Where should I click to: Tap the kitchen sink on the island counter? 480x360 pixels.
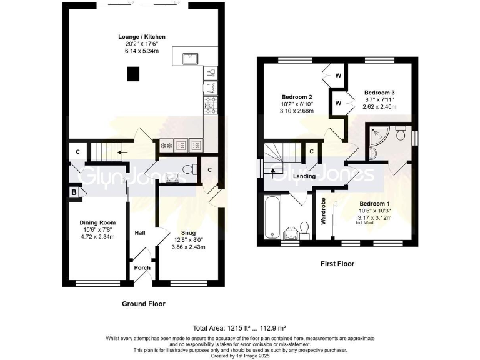(x=191, y=59)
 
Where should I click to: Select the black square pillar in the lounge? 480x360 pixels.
(x=132, y=74)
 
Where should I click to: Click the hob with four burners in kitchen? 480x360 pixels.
(x=210, y=103)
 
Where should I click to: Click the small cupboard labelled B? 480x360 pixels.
(x=74, y=192)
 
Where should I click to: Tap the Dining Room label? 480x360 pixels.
(x=97, y=222)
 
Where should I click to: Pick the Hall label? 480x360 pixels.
(x=140, y=233)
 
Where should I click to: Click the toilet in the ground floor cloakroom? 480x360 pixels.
(x=189, y=168)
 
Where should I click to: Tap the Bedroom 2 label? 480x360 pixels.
(x=296, y=97)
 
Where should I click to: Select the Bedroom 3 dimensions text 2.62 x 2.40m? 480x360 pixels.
(x=379, y=106)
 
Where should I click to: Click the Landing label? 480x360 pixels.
(x=304, y=176)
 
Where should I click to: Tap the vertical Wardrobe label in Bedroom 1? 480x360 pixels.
(x=323, y=211)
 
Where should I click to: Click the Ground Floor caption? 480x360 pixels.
(x=144, y=304)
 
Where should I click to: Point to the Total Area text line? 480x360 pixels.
(x=240, y=327)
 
